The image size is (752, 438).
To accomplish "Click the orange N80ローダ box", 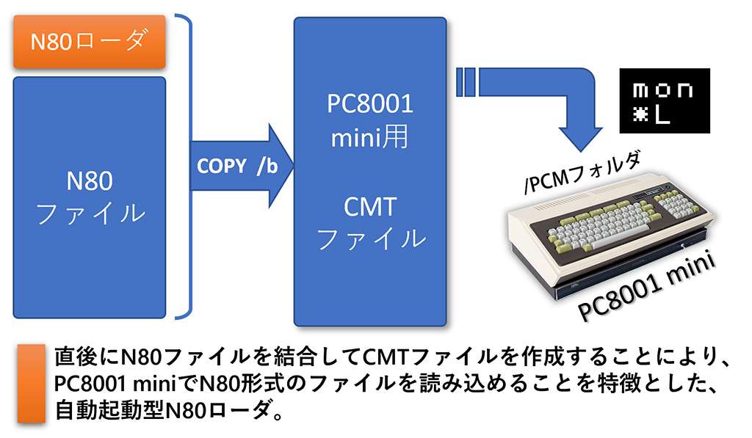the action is click(89, 41).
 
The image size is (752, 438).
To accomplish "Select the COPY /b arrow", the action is click(242, 166).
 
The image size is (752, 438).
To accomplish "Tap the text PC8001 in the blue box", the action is click(370, 103).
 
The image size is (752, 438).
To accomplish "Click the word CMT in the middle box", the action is click(370, 207).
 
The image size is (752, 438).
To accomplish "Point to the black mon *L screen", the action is click(664, 101).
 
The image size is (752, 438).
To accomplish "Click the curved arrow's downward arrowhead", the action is click(580, 139).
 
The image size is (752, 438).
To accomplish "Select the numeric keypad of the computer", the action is click(676, 202).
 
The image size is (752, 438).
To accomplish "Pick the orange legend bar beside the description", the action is click(32, 384).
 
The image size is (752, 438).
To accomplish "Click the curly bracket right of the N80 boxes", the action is click(184, 167).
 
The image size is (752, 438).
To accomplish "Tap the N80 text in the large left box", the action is click(89, 180).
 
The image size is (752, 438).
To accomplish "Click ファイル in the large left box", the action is click(90, 213).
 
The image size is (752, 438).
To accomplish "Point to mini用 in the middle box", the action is click(369, 136).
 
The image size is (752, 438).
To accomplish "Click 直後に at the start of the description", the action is click(87, 356).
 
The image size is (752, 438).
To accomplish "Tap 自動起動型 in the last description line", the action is click(109, 410).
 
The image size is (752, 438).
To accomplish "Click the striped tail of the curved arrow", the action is click(466, 82).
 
